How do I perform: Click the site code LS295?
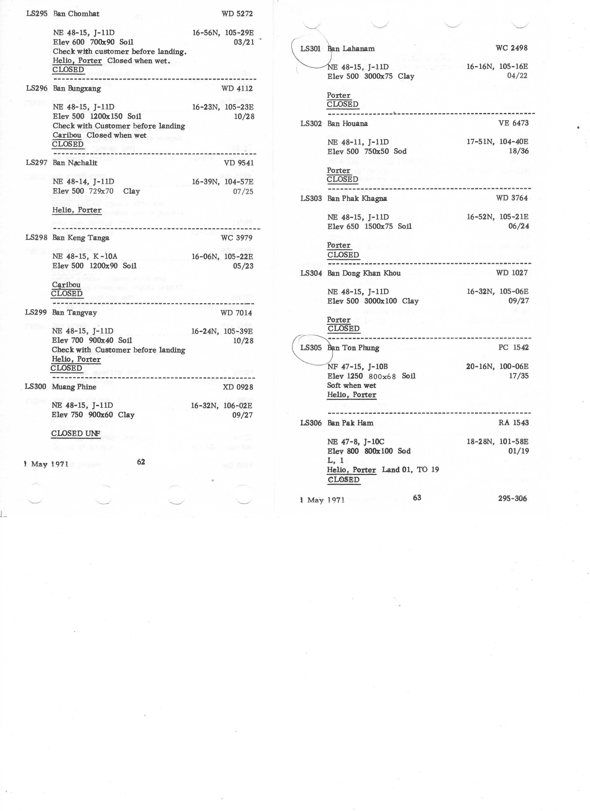coord(37,14)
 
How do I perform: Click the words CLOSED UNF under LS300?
coord(75,433)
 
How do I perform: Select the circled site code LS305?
coord(311,348)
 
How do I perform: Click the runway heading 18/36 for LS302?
coord(519,151)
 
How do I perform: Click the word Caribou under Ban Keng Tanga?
coord(66,285)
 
